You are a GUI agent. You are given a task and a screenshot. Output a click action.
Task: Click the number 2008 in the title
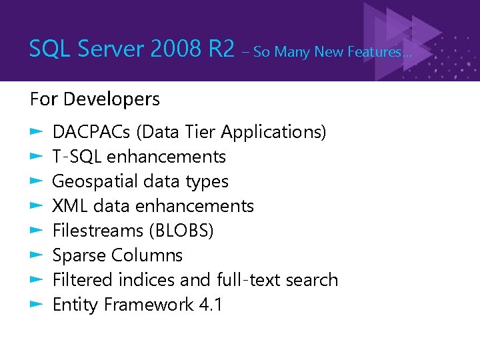(x=175, y=48)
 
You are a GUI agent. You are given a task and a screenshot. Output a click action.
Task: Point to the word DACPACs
(x=91, y=132)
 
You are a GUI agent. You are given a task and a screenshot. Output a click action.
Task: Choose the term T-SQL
(x=77, y=157)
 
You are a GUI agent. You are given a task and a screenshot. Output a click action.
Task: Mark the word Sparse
(x=79, y=255)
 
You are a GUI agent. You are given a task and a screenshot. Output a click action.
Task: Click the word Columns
(x=147, y=255)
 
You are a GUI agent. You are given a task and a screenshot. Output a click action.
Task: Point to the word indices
(x=155, y=280)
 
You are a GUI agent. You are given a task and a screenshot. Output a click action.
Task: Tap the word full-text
(x=249, y=280)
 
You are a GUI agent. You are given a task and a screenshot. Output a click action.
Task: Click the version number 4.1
(x=211, y=305)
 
